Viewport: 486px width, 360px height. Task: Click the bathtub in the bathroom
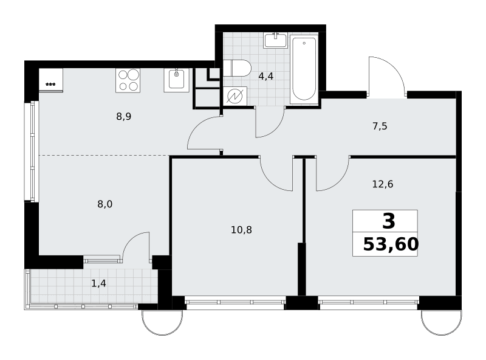[x=304, y=69]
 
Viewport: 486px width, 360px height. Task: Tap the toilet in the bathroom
[x=237, y=68]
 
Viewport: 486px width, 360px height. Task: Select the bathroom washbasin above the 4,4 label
[x=275, y=41]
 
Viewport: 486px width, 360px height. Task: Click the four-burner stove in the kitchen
[x=128, y=80]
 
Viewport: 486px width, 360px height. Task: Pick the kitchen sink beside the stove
[x=176, y=80]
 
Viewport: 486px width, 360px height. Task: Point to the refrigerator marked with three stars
[x=51, y=80]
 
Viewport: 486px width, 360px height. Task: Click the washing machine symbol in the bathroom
[x=235, y=96]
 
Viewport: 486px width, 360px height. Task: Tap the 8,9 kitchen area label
[x=124, y=117]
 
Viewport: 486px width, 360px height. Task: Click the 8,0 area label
[x=104, y=204]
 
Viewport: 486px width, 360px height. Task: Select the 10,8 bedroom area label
[x=241, y=230]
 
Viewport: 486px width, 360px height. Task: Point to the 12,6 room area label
[x=383, y=184]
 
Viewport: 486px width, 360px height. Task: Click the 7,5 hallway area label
[x=380, y=126]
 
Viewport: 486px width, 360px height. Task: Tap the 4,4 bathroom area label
[x=266, y=76]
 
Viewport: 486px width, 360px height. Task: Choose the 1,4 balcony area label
[x=98, y=283]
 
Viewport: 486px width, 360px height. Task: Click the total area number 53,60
[x=391, y=244]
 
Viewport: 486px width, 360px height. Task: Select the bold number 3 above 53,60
[x=389, y=221]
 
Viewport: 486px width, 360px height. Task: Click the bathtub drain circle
[x=304, y=43]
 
